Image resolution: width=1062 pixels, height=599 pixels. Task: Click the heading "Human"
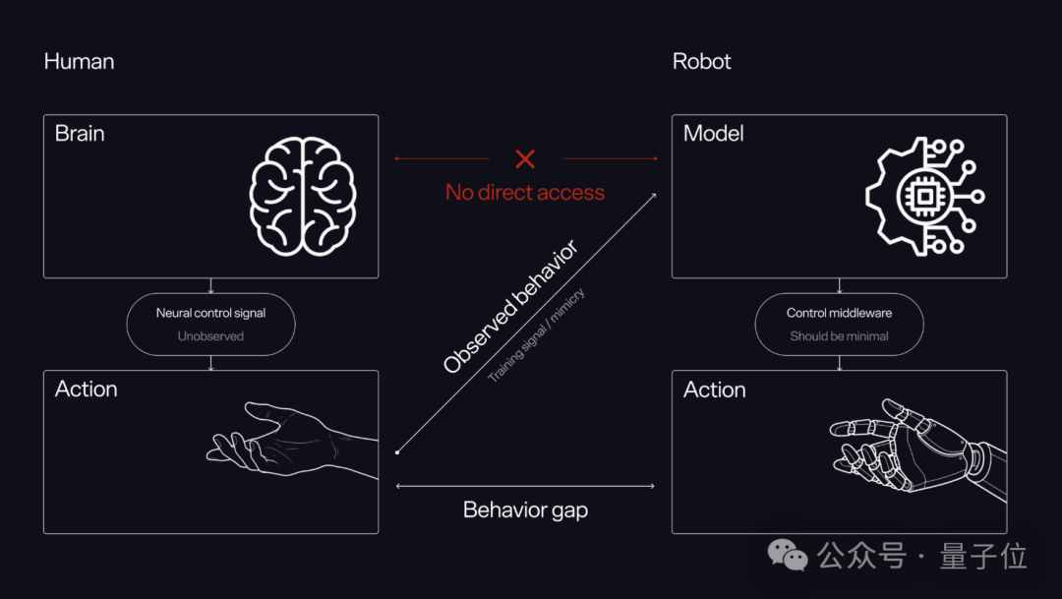80,62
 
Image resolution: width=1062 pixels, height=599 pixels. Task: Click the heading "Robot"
702,62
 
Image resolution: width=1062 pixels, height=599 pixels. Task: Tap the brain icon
303,197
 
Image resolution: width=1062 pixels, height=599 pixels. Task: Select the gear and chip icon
925,197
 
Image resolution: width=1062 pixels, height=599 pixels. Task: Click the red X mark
525,159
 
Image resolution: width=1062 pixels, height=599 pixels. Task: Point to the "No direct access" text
525,193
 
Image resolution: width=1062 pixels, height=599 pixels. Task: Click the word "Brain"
80,134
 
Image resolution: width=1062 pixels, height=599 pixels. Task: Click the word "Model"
713,134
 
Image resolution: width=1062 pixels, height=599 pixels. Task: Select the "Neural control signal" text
210,313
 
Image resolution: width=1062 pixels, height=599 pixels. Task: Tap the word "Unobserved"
210,336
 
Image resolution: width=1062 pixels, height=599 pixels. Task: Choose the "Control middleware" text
839,313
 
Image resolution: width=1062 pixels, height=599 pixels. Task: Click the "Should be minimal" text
839,336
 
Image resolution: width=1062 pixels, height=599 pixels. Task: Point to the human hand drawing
291,441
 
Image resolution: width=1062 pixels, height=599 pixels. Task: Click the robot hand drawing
918,449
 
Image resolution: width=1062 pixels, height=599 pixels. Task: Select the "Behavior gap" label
525,509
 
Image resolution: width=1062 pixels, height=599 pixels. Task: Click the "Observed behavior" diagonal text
510,306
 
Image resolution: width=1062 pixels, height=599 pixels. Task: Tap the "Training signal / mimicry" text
536,335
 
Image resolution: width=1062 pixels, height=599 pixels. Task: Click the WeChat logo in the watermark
788,555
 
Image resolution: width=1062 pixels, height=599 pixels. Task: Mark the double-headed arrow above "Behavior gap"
525,486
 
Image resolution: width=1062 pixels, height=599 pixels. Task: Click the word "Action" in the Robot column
715,389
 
